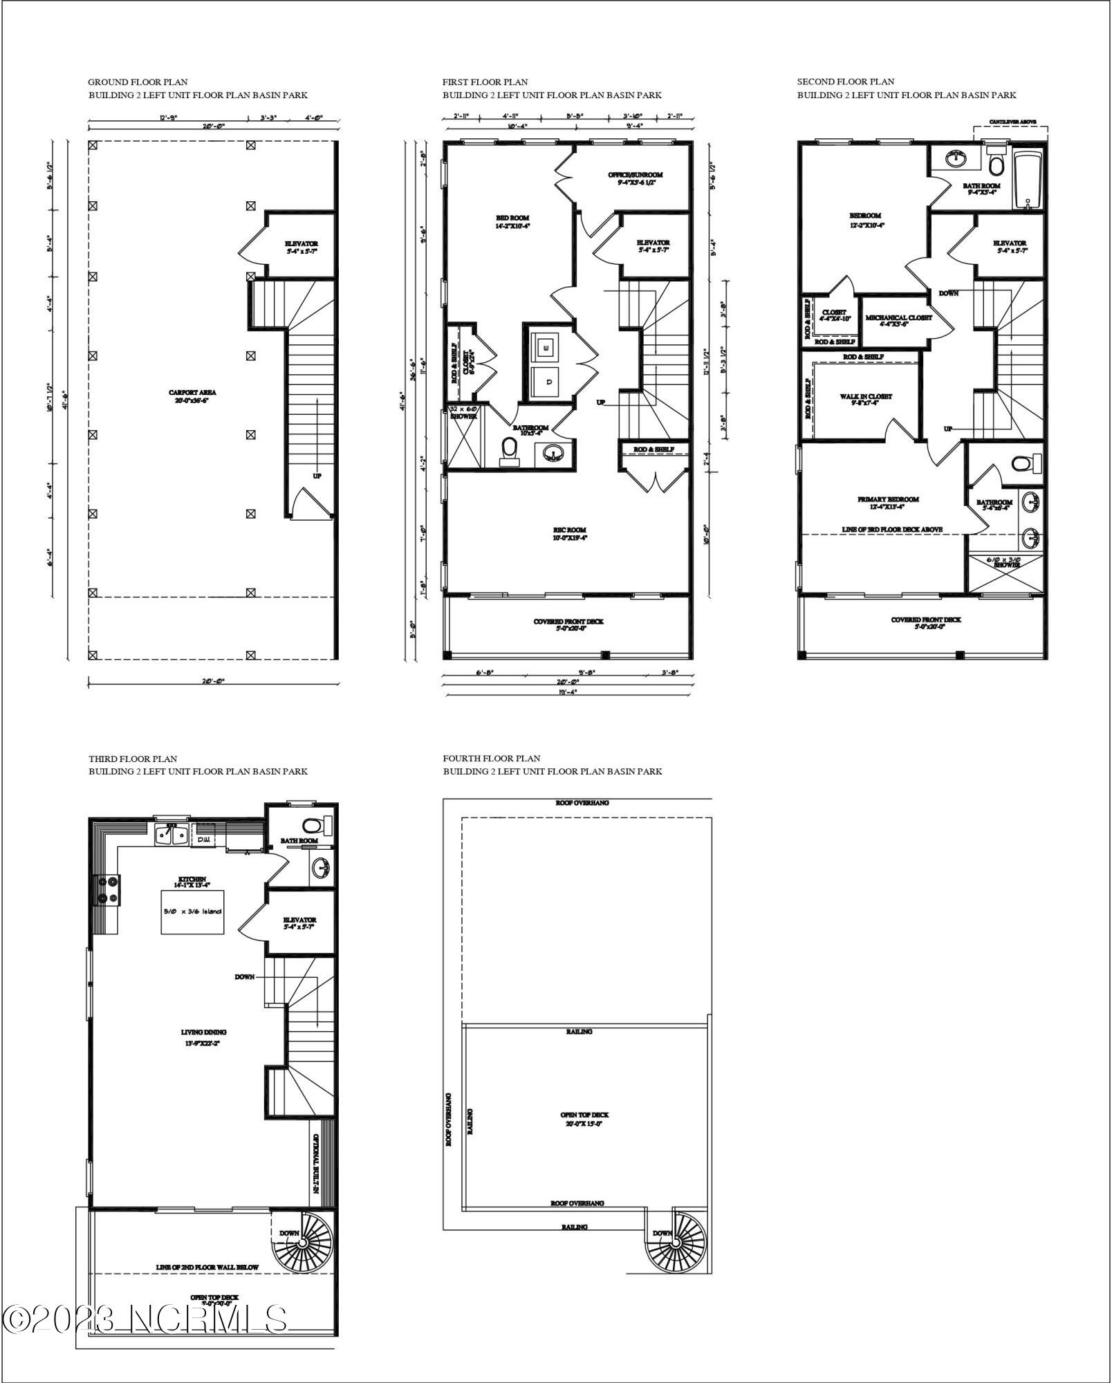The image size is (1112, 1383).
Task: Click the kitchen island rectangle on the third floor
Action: [x=192, y=911]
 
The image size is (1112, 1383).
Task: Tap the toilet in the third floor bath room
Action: [x=313, y=825]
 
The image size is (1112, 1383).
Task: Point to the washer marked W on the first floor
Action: [x=548, y=347]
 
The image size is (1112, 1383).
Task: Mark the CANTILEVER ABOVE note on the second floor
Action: [x=1012, y=122]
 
